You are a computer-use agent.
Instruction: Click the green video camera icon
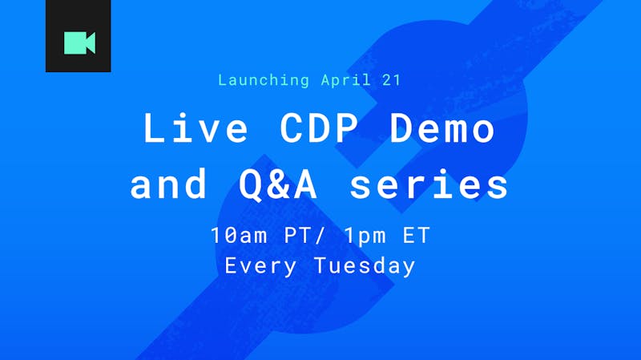tap(79, 42)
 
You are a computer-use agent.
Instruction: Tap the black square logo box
tap(78, 36)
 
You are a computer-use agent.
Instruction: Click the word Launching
tap(264, 80)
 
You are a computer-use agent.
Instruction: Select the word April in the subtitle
tap(346, 80)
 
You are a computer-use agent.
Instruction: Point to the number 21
tap(391, 79)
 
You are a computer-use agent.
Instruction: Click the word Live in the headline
tap(196, 127)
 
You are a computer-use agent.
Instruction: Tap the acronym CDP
tap(319, 127)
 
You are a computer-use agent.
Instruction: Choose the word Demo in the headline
tap(442, 127)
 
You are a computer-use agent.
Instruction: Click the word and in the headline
tap(168, 184)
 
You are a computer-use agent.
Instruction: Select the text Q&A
tap(278, 184)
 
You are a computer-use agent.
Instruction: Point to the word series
tap(429, 184)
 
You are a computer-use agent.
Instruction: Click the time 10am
tap(239, 235)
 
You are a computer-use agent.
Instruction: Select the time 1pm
tap(365, 236)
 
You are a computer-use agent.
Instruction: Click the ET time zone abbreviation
tap(416, 235)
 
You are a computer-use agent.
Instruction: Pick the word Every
tap(260, 266)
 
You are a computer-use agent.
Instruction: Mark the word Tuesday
tap(365, 266)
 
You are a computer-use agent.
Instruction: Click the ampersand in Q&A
tap(278, 184)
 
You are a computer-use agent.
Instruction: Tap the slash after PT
tap(320, 235)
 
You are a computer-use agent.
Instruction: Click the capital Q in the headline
tap(251, 185)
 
